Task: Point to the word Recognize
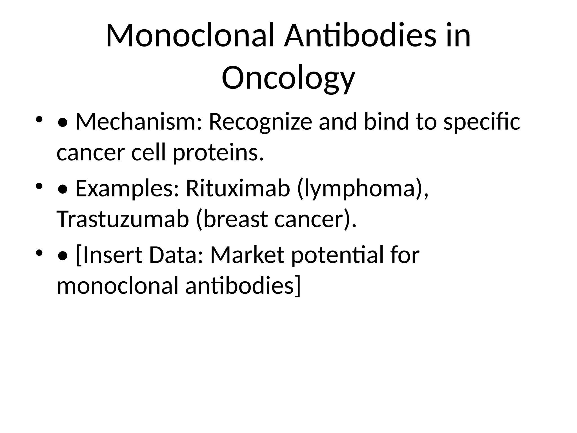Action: click(260, 122)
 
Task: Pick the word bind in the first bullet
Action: click(386, 122)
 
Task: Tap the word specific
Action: click(481, 122)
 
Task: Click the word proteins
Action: click(218, 153)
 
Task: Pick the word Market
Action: click(247, 255)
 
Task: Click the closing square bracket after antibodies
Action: click(298, 286)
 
